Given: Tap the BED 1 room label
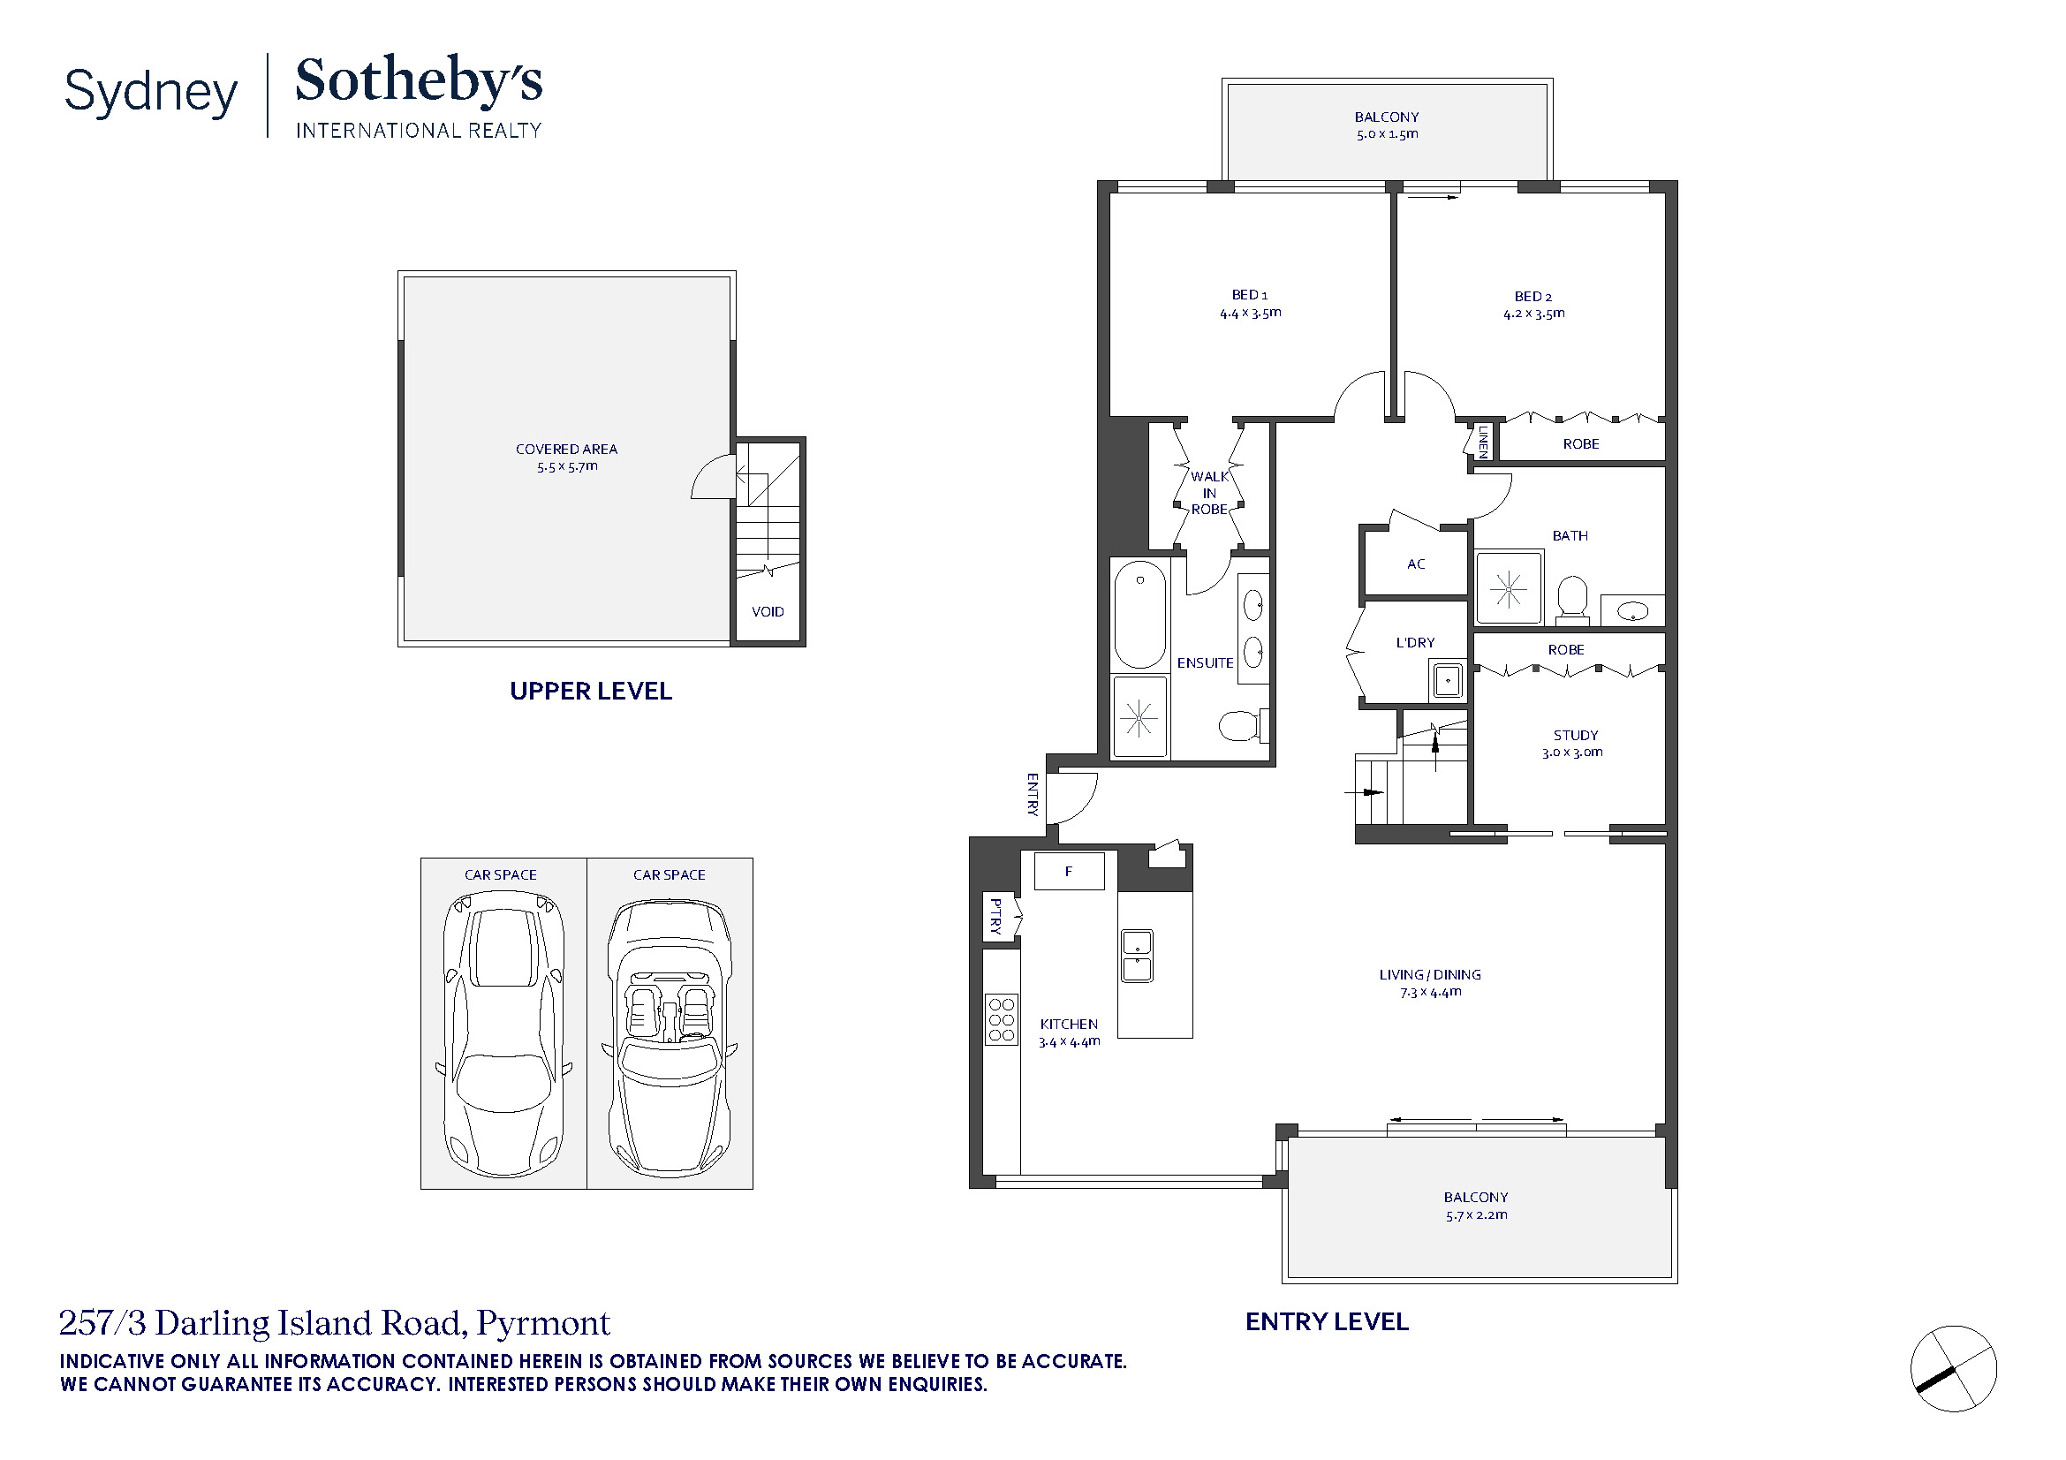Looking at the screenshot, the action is click(1250, 295).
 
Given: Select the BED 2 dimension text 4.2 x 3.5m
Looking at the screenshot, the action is click(1534, 314).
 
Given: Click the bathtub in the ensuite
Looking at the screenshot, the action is click(1140, 615).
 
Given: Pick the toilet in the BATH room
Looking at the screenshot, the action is click(1573, 597).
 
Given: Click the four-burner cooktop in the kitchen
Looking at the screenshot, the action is click(1002, 1019).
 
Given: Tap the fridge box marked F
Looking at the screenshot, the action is click(1069, 871).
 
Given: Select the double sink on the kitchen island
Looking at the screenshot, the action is click(1137, 956).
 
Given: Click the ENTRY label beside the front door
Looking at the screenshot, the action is click(1033, 794).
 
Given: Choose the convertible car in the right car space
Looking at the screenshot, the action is click(670, 1037).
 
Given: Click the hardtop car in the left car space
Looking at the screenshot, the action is click(503, 1034).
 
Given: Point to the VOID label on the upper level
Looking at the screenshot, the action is click(768, 612).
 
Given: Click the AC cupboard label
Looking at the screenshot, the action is click(1416, 564).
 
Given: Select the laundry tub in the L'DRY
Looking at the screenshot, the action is click(1447, 681).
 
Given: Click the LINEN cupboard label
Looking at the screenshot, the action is click(1483, 442).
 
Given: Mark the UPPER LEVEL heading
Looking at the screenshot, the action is click(591, 691).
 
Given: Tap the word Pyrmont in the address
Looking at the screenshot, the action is click(543, 1323).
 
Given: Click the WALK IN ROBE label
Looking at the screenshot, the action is click(1209, 493).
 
